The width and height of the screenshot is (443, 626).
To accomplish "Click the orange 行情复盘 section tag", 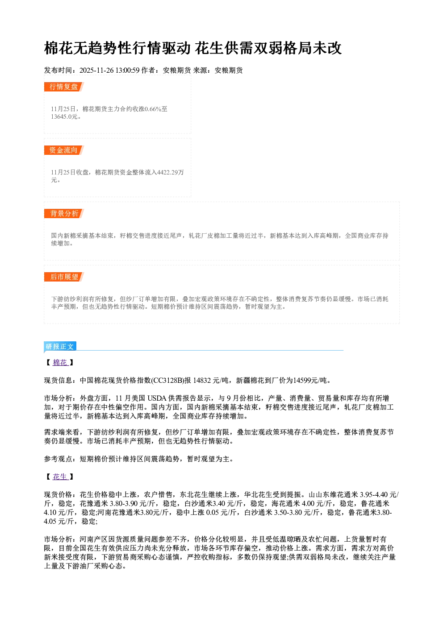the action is click(x=64, y=87).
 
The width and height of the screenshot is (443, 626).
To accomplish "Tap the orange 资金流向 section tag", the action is click(x=64, y=150).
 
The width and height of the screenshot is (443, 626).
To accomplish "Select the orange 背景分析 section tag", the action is click(x=64, y=214).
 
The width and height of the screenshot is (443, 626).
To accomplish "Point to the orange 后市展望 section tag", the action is click(x=64, y=277).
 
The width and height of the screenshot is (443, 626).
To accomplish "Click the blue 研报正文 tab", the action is click(x=60, y=347).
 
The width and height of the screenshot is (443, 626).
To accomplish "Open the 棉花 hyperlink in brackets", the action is click(x=60, y=363).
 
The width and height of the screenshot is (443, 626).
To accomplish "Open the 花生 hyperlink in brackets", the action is click(x=60, y=477).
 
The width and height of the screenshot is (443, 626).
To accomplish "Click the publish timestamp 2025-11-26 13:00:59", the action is click(x=109, y=70).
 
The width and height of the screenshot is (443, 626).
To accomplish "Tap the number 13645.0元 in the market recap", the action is click(x=64, y=117).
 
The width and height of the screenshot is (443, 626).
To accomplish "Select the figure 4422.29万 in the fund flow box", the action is click(x=171, y=172).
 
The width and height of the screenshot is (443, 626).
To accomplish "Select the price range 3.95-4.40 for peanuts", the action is click(x=373, y=495).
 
